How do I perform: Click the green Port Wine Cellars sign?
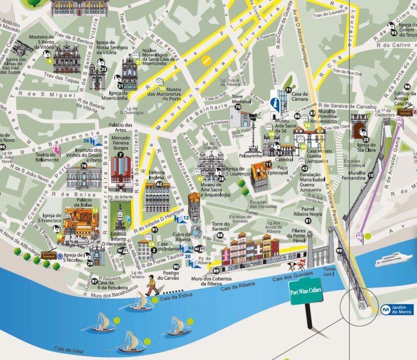pyautogui.click(x=306, y=293)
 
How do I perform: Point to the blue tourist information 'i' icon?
pyautogui.click(x=275, y=103)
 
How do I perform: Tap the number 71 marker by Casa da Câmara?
pyautogui.click(x=288, y=90)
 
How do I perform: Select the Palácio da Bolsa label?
pyautogui.click(x=76, y=202)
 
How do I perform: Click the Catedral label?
pyautogui.click(x=284, y=159)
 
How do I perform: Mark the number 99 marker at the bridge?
pyautogui.click(x=340, y=251)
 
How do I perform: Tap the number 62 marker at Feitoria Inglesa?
pyautogui.click(x=159, y=184)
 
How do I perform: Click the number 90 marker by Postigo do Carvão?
pyautogui.click(x=176, y=267)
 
